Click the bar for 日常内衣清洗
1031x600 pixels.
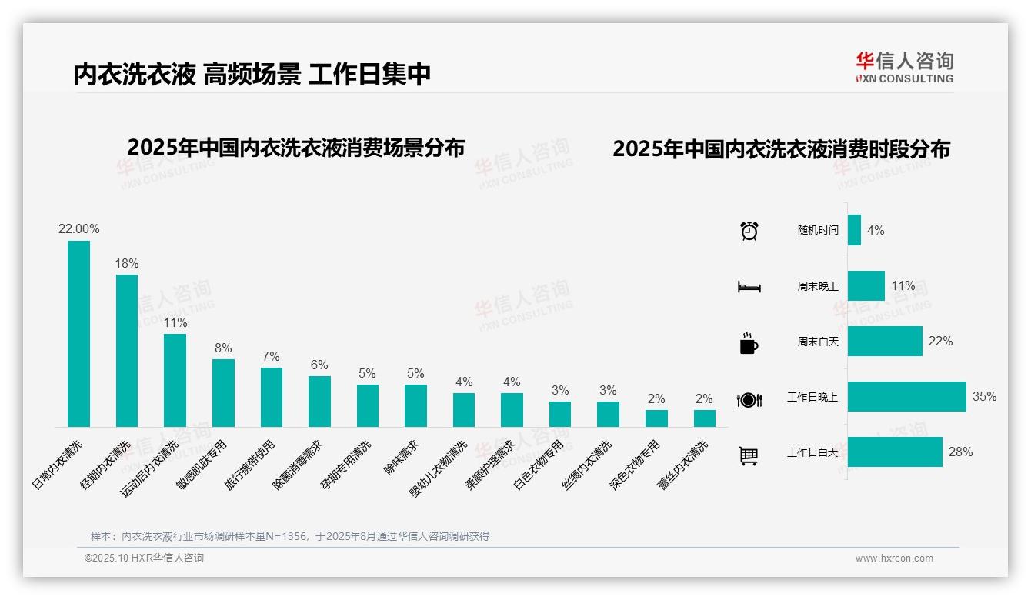(x=78, y=334)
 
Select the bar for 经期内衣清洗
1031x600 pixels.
(x=127, y=351)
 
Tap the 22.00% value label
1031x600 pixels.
(x=78, y=229)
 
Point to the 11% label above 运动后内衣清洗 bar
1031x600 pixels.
(x=175, y=323)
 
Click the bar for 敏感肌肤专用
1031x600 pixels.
(x=223, y=393)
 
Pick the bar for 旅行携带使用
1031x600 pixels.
(x=272, y=397)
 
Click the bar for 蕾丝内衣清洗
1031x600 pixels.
(x=704, y=418)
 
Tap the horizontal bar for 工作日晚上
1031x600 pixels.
(x=906, y=397)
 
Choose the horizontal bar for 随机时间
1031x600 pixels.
(x=854, y=230)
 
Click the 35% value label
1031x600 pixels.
(x=984, y=397)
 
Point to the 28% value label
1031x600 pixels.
(x=960, y=452)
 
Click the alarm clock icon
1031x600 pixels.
(x=749, y=231)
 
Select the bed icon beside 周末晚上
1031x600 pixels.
(x=749, y=287)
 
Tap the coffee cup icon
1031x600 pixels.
(x=749, y=343)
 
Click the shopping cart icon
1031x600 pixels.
(x=749, y=456)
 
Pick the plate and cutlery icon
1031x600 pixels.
(x=749, y=399)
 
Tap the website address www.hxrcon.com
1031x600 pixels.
(x=893, y=558)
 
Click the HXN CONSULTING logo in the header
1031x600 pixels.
(x=904, y=68)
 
